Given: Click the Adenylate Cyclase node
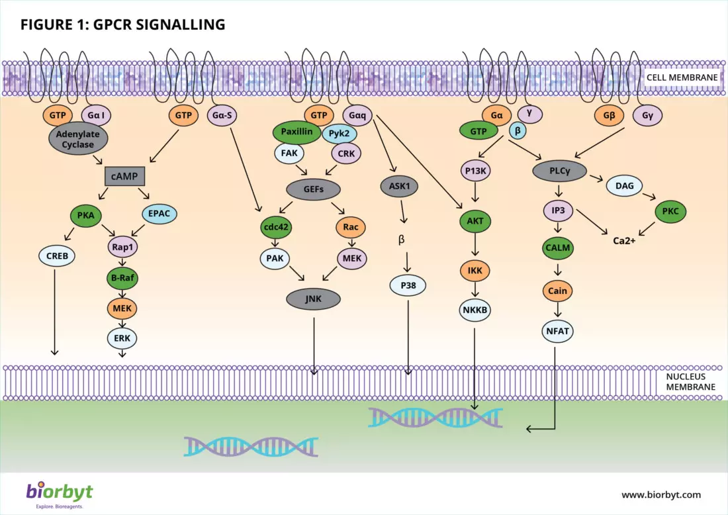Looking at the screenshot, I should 79,140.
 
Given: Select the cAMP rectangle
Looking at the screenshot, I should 126,176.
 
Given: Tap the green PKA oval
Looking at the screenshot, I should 86,216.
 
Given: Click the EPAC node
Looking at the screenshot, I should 159,214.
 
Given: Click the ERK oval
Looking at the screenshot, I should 122,338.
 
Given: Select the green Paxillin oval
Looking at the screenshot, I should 296,132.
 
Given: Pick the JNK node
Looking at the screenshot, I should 313,299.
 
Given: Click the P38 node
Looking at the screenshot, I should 407,285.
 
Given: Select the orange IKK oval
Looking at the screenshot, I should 474,270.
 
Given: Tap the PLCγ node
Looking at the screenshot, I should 559,170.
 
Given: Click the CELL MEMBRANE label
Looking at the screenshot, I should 682,77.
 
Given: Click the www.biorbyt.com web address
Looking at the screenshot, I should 660,494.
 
